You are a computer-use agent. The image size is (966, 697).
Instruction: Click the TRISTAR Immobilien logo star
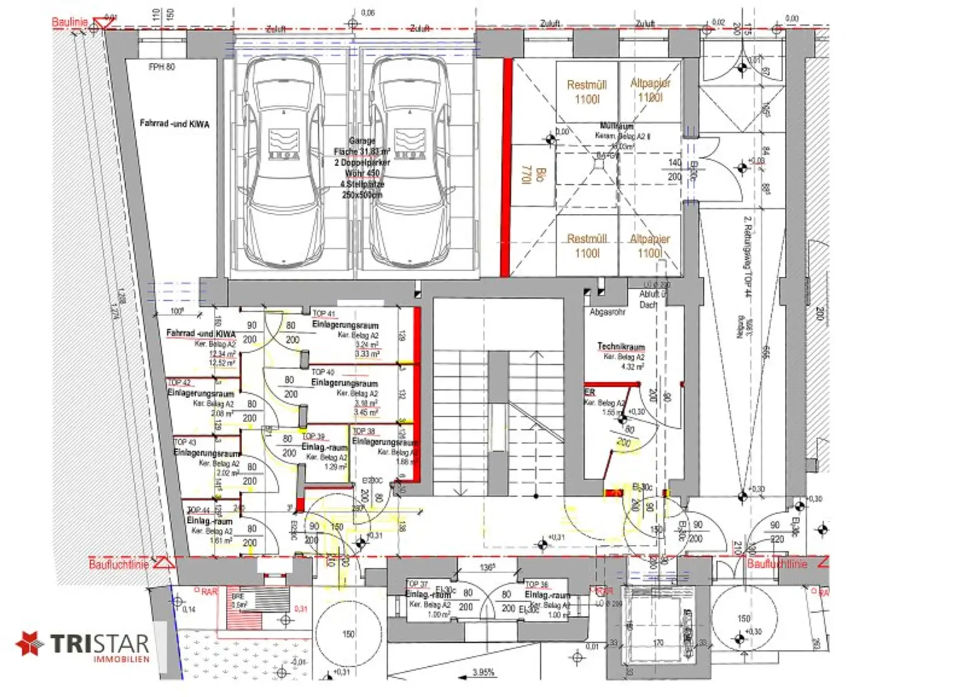pos(28,644)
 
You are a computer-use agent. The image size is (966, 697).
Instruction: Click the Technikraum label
pos(621,347)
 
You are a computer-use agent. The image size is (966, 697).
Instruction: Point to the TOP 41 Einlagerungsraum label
pos(345,325)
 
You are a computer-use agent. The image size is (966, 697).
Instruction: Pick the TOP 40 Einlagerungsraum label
pos(344,382)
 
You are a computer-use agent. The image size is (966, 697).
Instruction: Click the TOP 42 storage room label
pos(201,393)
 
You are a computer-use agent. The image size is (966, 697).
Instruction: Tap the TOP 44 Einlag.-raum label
pos(209,521)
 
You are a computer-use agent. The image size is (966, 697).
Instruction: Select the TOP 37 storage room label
pos(428,594)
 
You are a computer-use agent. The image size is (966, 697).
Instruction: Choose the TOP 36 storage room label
pos(547,594)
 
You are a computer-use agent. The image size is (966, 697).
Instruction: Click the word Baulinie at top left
pos(69,22)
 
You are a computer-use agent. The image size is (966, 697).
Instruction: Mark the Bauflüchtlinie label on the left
pos(119,564)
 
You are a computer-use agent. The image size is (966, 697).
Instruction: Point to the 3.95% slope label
pos(483,672)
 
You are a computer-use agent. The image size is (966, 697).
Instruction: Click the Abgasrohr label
pos(607,312)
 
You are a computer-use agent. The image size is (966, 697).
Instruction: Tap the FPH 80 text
pos(162,67)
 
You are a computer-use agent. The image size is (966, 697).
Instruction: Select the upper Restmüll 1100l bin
pos(587,92)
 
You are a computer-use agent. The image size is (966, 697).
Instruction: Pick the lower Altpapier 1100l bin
pos(650,246)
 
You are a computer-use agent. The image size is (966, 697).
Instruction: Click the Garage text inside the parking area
pos(362,141)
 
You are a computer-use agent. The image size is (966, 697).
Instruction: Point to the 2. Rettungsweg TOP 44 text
pos(748,257)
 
